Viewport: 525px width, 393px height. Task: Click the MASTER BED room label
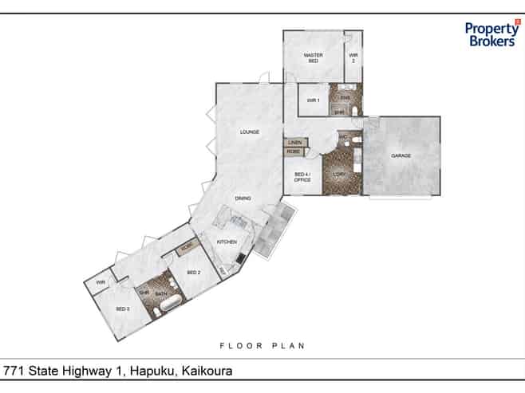(312, 57)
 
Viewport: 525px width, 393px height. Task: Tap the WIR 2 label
(353, 57)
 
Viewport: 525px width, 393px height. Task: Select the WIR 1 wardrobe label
(313, 100)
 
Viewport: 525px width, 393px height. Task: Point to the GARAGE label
(401, 155)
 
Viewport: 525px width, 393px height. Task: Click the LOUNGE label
(249, 132)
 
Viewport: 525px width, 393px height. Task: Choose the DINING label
(243, 198)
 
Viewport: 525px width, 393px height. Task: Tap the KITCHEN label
(227, 241)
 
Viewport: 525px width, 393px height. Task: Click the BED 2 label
(193, 273)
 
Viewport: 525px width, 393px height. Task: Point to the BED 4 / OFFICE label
(302, 177)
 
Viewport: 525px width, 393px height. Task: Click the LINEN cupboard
(295, 142)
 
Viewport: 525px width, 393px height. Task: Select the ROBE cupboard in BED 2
(187, 247)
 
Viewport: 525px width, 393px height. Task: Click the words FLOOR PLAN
(262, 346)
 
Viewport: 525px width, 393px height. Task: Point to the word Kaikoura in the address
(207, 371)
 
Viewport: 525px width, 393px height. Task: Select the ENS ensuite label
(345, 97)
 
